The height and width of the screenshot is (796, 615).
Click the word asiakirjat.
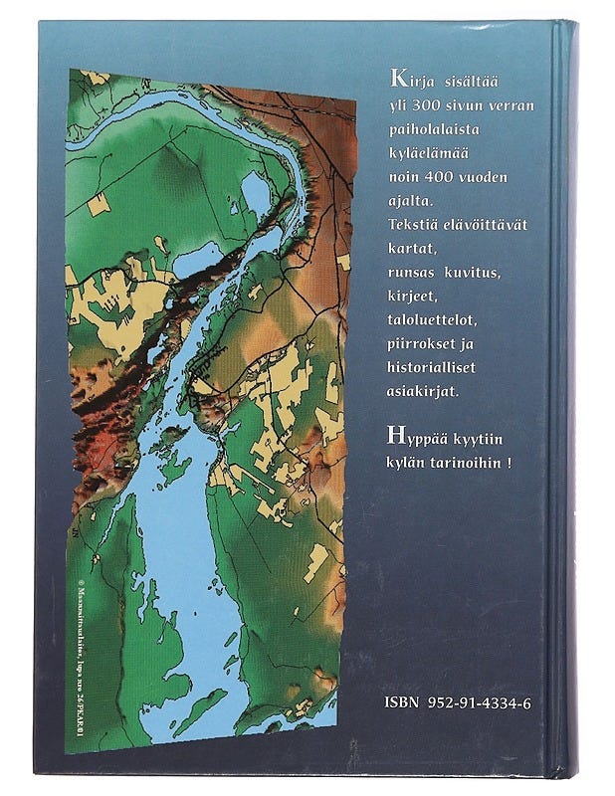[x=423, y=392]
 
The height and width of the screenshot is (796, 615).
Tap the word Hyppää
[x=416, y=439]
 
